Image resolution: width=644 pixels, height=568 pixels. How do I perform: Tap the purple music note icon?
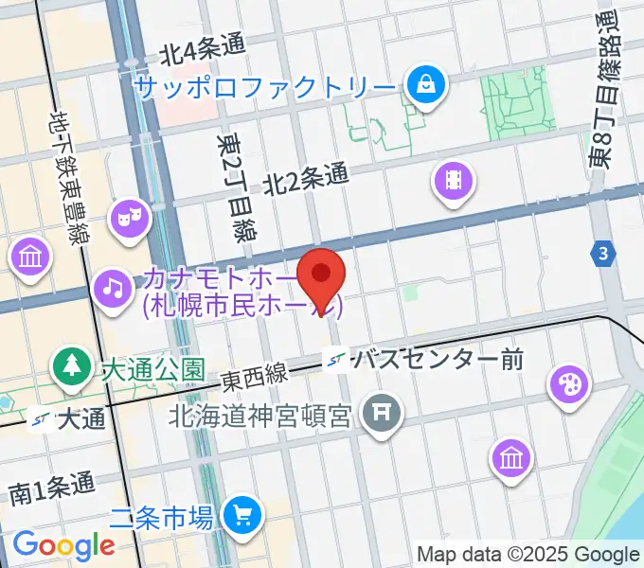[113, 283]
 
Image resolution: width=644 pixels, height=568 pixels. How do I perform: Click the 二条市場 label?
[161, 517]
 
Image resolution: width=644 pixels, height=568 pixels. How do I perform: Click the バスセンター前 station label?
[436, 360]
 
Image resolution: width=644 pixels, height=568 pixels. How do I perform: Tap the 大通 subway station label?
[80, 418]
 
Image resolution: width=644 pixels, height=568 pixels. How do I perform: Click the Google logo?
[63, 545]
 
